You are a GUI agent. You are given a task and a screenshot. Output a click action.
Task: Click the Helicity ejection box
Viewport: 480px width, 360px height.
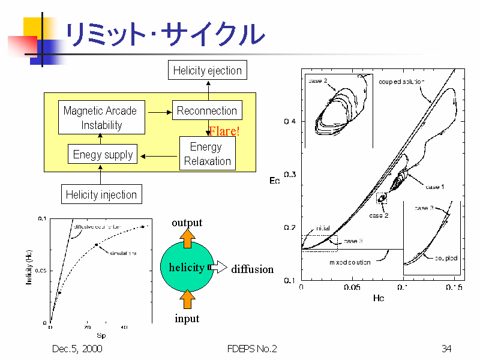(207, 71)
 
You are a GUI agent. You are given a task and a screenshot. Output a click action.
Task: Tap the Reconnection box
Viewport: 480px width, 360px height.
(207, 111)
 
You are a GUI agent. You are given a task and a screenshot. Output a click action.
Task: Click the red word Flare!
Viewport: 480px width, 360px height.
(224, 131)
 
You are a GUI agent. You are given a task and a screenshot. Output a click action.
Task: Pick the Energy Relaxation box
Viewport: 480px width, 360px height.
(207, 154)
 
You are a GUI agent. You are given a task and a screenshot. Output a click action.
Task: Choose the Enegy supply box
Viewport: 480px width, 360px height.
(103, 154)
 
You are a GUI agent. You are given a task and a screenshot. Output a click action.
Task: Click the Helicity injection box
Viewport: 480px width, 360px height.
(101, 194)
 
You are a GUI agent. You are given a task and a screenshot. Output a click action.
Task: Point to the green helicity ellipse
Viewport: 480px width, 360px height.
(186, 267)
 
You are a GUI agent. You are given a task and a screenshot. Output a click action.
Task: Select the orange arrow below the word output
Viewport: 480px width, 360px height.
(187, 238)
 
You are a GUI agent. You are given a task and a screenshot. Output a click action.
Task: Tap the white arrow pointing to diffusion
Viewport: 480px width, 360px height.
(219, 267)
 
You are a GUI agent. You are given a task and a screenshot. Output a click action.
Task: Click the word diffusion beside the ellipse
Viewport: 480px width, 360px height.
(252, 269)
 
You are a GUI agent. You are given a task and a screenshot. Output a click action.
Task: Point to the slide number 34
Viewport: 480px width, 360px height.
(446, 349)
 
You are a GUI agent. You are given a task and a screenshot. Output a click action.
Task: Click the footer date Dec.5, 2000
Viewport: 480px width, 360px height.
(77, 349)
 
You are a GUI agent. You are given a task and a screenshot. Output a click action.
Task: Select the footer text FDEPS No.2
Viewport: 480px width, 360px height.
(252, 349)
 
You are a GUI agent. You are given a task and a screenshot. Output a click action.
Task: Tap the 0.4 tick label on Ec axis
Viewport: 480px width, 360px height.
(289, 122)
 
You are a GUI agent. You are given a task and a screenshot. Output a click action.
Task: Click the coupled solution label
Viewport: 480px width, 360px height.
(401, 82)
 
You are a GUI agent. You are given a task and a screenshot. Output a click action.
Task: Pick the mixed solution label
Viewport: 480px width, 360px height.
(350, 262)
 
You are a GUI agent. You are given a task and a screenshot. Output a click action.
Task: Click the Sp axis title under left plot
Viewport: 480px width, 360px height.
(101, 336)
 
